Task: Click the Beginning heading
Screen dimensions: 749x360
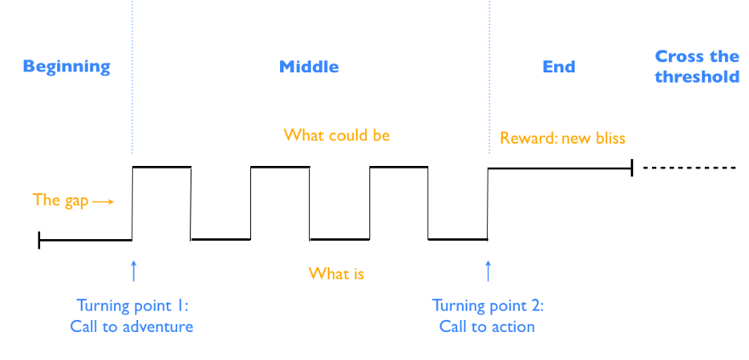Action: (66, 66)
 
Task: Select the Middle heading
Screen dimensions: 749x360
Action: (309, 66)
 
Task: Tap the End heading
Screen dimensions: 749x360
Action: (559, 66)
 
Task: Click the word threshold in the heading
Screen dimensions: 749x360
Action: (697, 77)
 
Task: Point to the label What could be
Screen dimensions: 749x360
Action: (337, 135)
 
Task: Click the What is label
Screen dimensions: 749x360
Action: (336, 273)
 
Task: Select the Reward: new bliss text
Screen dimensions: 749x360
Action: (563, 138)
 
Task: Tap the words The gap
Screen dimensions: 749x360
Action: (60, 200)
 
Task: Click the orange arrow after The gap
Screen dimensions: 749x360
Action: (103, 202)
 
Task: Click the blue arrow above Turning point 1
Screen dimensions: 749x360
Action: (134, 271)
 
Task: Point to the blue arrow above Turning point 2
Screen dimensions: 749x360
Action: (488, 271)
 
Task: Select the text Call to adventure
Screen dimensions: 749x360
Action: (132, 327)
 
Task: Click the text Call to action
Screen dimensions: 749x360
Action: (487, 327)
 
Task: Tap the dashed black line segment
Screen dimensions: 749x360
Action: (691, 168)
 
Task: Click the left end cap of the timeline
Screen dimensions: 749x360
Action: (39, 240)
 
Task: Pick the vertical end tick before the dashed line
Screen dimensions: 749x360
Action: (632, 168)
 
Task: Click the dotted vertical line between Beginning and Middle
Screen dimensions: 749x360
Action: (132, 77)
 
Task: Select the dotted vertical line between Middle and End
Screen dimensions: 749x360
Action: (489, 77)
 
